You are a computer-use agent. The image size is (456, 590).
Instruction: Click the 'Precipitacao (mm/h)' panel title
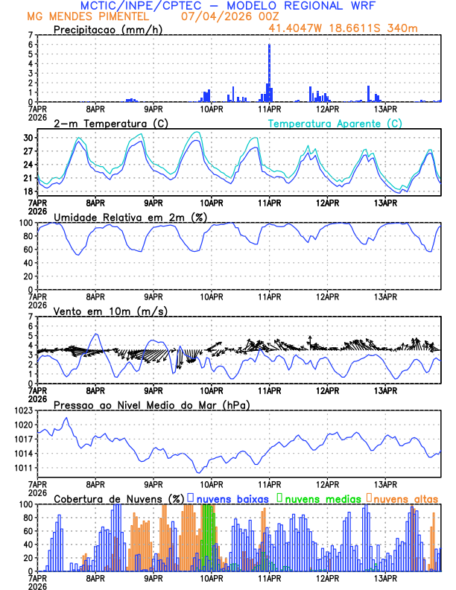pyautogui.click(x=109, y=29)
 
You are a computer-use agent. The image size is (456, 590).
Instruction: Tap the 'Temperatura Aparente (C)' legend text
pyautogui.click(x=335, y=123)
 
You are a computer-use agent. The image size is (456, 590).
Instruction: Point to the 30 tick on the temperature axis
pyautogui.click(x=28, y=138)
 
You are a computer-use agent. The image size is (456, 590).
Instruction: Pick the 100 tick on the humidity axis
pyautogui.click(x=26, y=223)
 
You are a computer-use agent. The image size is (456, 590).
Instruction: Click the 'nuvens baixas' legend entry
pyautogui.click(x=232, y=498)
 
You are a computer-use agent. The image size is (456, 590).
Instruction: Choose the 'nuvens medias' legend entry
pyautogui.click(x=321, y=498)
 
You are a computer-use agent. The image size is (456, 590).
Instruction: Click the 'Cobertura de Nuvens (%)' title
pyautogui.click(x=118, y=498)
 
